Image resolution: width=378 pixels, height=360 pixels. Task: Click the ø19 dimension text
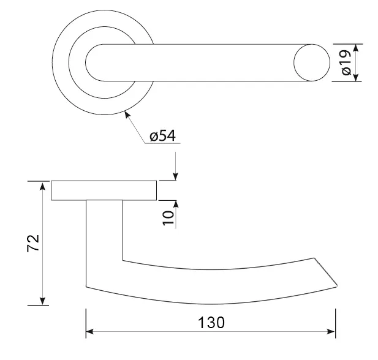click(x=347, y=63)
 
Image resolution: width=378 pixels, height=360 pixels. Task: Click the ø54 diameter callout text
click(x=162, y=136)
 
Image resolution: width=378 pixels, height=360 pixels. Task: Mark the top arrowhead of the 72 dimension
click(x=43, y=187)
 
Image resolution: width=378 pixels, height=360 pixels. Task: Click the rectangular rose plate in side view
click(x=104, y=190)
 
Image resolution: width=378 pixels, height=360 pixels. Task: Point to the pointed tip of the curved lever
click(x=336, y=285)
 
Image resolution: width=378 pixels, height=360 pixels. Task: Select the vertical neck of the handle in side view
click(x=104, y=239)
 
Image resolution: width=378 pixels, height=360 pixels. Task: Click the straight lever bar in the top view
click(x=202, y=62)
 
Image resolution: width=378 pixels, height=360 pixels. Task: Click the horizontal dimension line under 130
click(x=153, y=332)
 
